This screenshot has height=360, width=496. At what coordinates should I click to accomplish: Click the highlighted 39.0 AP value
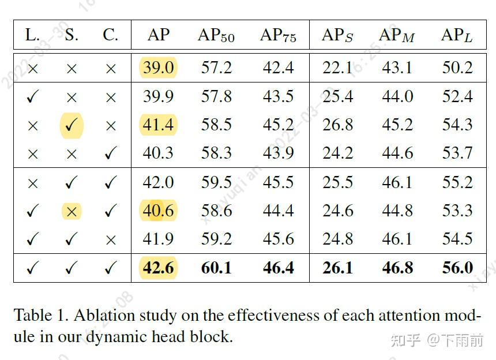click(x=158, y=68)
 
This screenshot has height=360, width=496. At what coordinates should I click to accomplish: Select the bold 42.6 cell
click(x=158, y=268)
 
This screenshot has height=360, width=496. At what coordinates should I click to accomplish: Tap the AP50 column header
click(x=216, y=36)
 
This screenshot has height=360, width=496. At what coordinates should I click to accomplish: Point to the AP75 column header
click(x=278, y=36)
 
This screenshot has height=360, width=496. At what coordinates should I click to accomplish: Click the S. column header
click(x=72, y=36)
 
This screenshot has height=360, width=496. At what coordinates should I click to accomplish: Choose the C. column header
click(x=110, y=36)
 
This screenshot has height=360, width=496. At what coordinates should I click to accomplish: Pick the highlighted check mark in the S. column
click(x=72, y=125)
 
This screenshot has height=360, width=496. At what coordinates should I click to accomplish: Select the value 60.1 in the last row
click(x=216, y=268)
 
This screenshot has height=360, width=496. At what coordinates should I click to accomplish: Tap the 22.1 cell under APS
click(x=337, y=68)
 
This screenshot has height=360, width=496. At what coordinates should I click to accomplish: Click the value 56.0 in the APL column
click(x=457, y=268)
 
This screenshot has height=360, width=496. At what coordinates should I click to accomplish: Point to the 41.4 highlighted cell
click(x=158, y=125)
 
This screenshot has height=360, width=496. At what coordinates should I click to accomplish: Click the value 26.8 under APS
click(x=337, y=125)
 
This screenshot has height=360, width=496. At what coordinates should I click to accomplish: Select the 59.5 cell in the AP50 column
click(x=216, y=183)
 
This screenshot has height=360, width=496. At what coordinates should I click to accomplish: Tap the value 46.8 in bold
click(x=397, y=268)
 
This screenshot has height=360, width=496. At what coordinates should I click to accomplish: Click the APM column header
click(x=397, y=36)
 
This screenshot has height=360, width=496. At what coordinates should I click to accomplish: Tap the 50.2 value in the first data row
click(x=457, y=68)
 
